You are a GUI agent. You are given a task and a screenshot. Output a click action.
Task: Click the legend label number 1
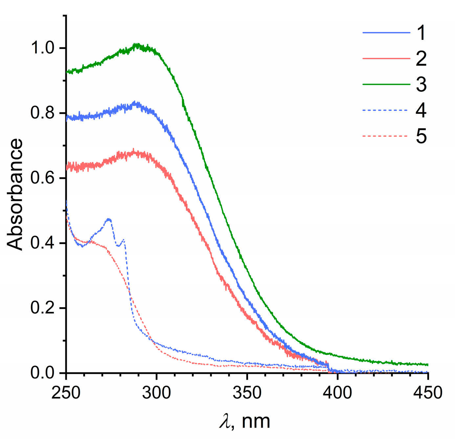[x=421, y=33]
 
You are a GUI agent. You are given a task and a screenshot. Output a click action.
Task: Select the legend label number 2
[x=421, y=59]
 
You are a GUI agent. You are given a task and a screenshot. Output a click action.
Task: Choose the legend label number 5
[x=421, y=136]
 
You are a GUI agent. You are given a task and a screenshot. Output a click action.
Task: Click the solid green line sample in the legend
[x=386, y=84]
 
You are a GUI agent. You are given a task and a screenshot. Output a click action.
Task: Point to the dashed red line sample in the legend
[x=386, y=136]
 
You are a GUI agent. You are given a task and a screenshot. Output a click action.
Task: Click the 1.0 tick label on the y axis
[x=42, y=48]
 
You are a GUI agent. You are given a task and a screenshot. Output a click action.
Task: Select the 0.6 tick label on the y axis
[x=42, y=178]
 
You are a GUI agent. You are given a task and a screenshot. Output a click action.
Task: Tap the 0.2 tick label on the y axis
[x=42, y=308]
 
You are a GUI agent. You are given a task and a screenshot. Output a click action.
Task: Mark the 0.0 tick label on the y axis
[x=42, y=373]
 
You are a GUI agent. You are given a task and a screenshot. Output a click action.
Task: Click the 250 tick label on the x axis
[x=66, y=393]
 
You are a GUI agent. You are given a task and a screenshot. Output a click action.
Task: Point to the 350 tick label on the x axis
[x=247, y=393]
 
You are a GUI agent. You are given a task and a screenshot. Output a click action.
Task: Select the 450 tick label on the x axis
[x=427, y=393]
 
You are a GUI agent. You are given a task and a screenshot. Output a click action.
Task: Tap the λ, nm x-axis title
[x=245, y=421]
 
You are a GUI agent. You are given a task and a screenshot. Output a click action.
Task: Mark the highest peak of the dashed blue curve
[x=109, y=219]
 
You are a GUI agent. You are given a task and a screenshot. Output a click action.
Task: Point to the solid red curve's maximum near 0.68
[x=133, y=150]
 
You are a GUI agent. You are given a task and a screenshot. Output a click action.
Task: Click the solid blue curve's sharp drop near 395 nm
[x=328, y=367]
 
